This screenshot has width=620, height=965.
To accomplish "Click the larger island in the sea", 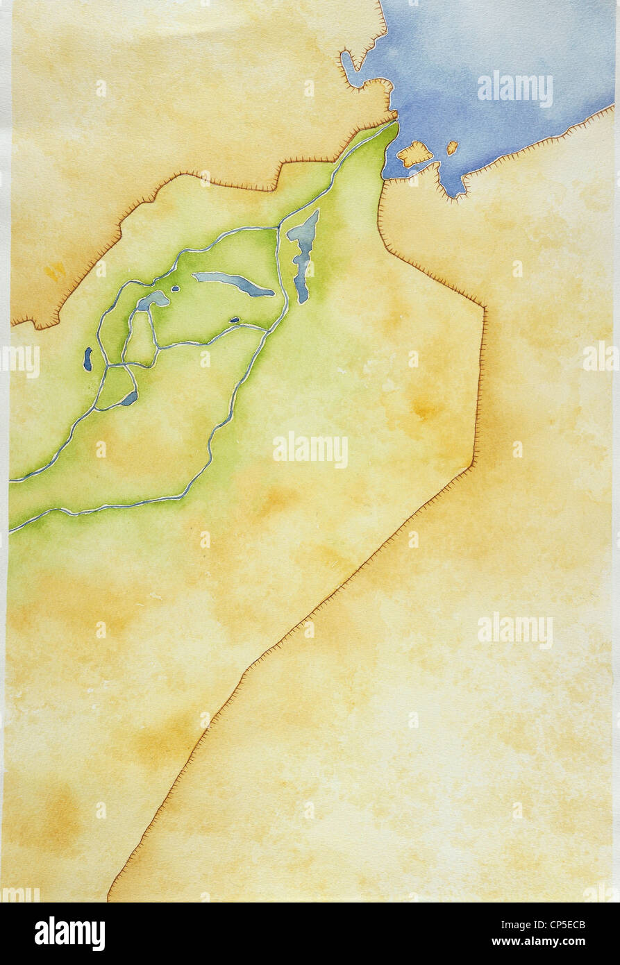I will point(414,153).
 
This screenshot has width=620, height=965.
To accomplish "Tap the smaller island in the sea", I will point(452,147).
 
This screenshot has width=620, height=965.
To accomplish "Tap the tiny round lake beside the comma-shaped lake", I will point(175,289).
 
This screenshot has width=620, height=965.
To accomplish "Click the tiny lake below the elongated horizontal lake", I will point(235,320).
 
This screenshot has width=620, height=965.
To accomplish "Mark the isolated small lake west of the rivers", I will point(88,358).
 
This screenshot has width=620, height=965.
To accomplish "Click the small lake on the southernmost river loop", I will point(129,398).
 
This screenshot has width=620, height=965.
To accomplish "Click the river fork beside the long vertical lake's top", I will point(279,226).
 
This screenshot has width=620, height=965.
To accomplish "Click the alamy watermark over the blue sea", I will point(514,89).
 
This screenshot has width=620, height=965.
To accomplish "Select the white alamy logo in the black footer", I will point(69,933).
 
